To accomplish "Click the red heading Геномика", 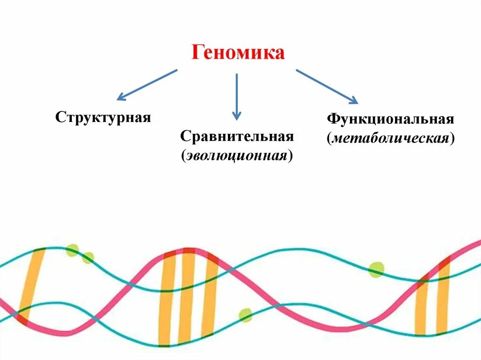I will pos(238,53).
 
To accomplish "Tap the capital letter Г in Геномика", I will pos(197,53).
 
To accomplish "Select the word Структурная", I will pos(103,117).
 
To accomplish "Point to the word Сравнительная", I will pos(237,137).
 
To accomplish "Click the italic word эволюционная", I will pos(237,155).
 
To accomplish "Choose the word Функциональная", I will pos(390,119).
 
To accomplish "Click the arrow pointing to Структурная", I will pos(146,85).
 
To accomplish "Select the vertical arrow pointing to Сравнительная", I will pos(237,96).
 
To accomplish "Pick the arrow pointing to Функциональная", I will pos(327,87).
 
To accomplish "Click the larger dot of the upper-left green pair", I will pos(72,250).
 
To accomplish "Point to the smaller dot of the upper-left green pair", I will pos(88,257).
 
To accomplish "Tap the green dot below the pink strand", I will pos(245,315).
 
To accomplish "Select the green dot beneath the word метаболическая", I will pos(376,270).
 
